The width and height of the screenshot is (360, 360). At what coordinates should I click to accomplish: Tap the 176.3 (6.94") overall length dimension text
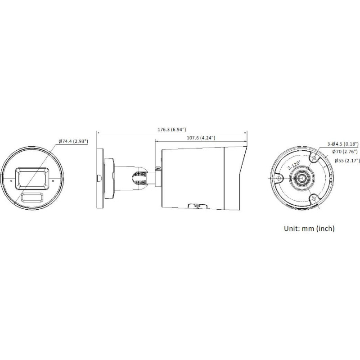172,130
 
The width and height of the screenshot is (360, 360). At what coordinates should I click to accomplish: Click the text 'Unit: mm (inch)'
309,229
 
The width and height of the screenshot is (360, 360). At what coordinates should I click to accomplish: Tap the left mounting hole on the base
279,179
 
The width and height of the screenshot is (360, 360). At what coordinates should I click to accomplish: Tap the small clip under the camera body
197,206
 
